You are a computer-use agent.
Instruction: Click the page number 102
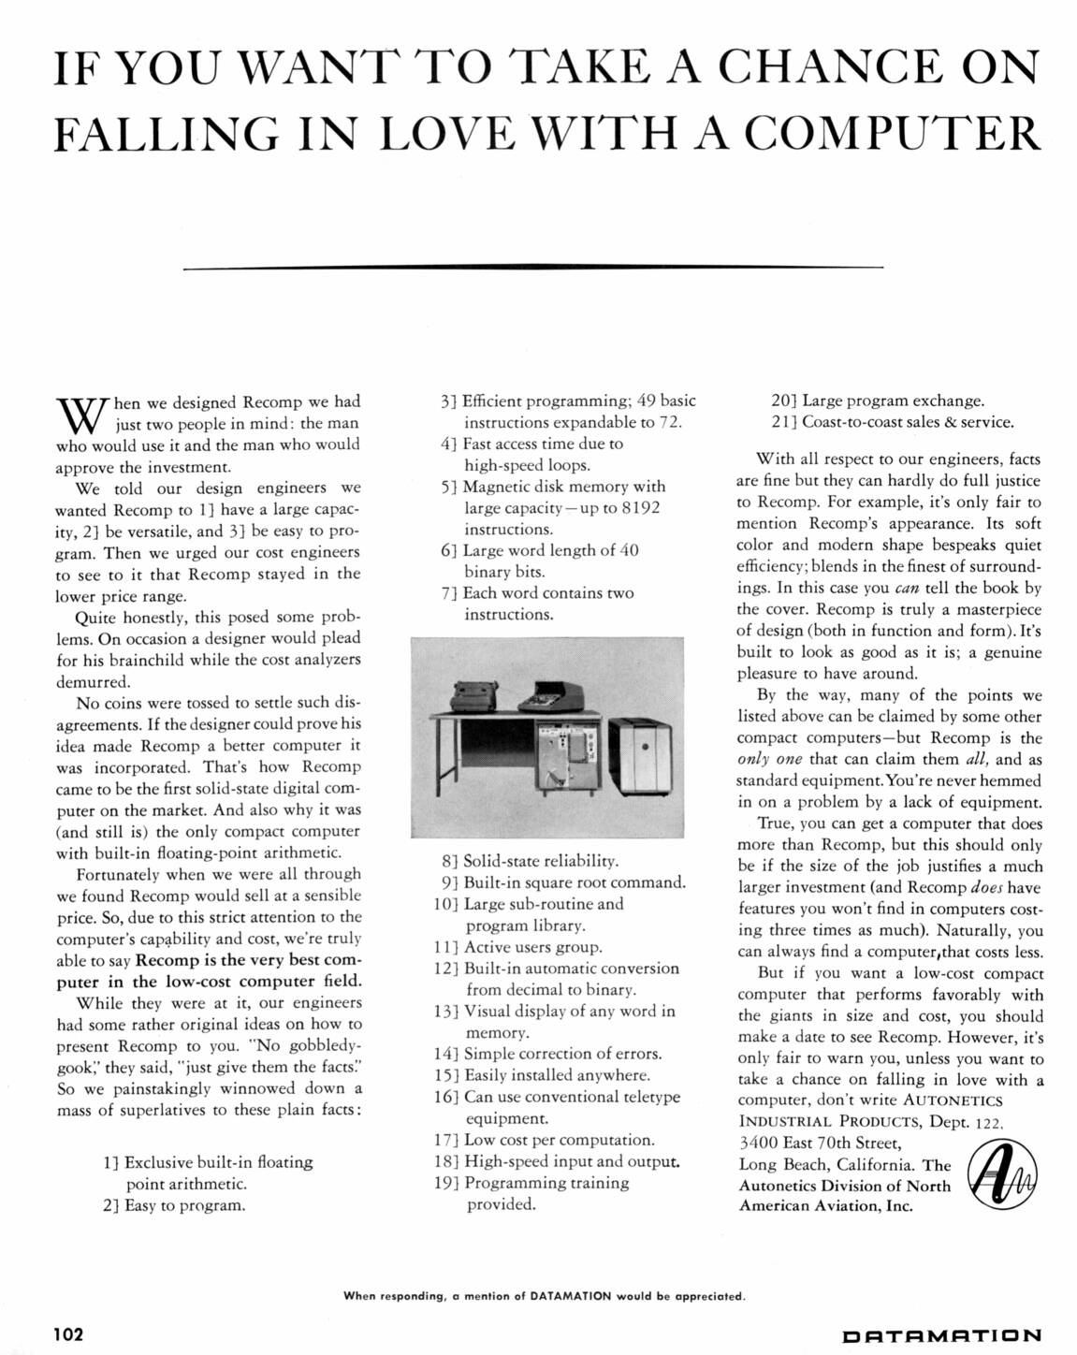coord(69,1333)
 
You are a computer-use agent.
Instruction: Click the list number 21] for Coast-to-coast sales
coord(784,422)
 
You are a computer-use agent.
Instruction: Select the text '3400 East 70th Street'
coord(820,1143)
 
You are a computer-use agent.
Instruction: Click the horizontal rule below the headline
coord(533,269)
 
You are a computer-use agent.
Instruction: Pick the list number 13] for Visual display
coord(446,1012)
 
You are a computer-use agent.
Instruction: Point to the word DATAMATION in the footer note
coord(570,1296)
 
